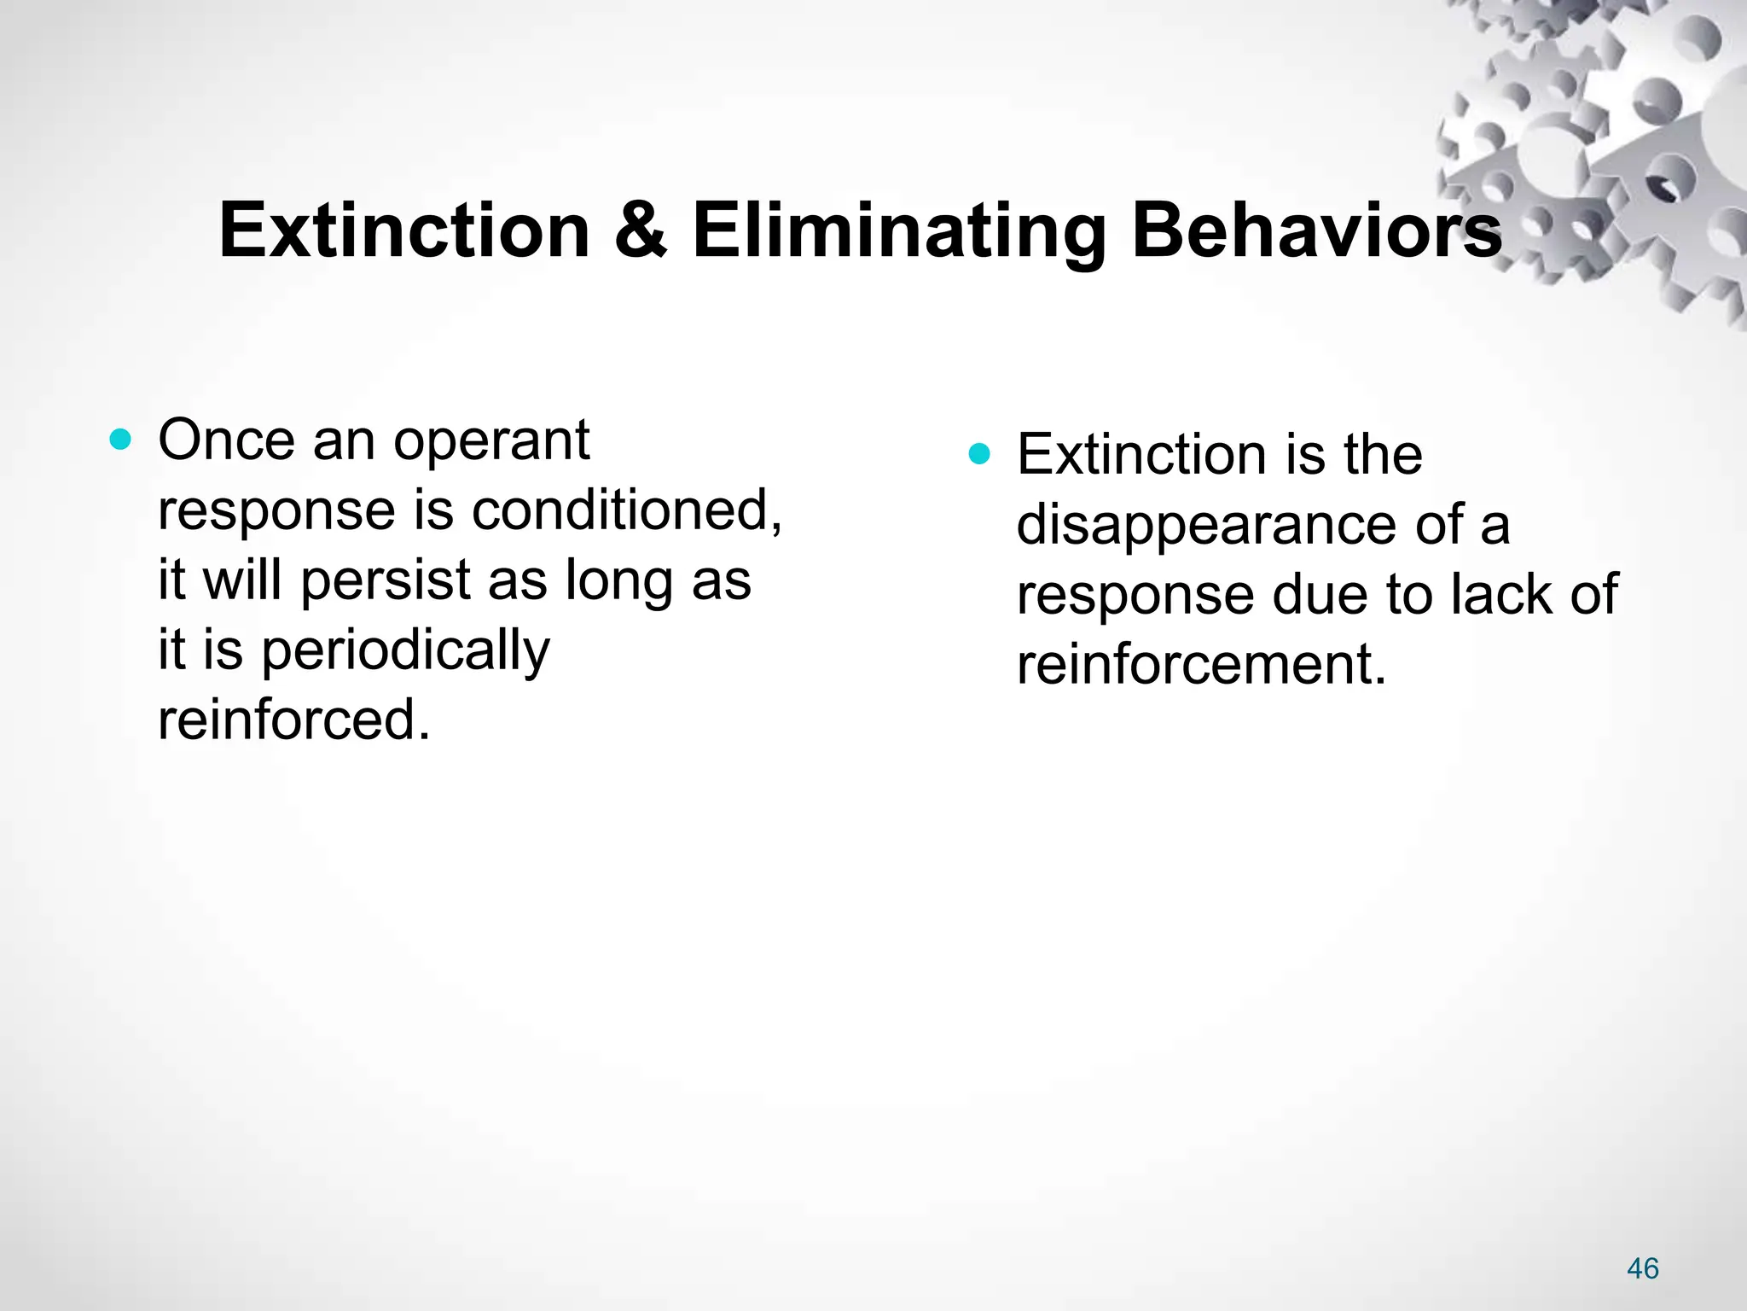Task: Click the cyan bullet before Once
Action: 121,440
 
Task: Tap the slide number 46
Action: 1642,1268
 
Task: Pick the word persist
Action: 386,581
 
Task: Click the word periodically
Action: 405,651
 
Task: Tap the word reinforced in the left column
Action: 294,720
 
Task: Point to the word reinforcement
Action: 1201,664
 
